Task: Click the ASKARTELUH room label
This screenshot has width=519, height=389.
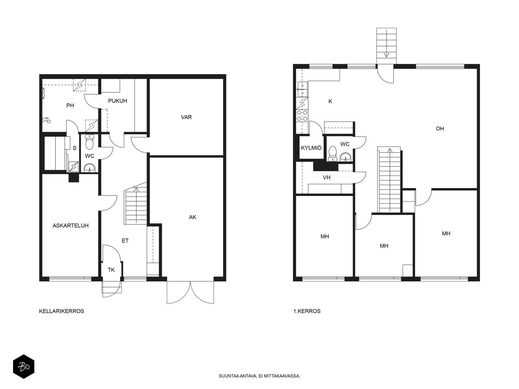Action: [70, 226]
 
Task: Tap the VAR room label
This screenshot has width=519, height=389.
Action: [186, 117]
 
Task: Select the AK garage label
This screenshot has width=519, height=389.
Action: [192, 217]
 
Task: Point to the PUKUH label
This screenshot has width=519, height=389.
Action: [117, 101]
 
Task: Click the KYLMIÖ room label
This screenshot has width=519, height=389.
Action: [311, 148]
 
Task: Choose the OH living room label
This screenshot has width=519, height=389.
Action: [440, 128]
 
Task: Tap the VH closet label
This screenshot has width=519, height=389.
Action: [327, 177]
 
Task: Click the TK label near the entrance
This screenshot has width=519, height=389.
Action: [111, 270]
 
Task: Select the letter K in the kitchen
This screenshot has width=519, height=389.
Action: [330, 101]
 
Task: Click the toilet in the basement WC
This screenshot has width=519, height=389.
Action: [90, 142]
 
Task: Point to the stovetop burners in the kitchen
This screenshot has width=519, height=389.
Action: [302, 116]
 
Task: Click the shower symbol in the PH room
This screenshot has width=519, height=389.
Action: [46, 120]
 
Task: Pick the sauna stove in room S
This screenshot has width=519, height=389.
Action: [74, 167]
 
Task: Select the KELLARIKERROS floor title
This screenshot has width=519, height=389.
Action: [62, 311]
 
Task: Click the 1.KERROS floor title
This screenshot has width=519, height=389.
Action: [307, 311]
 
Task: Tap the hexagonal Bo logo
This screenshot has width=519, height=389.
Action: [24, 367]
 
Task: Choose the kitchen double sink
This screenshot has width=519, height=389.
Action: [302, 89]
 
